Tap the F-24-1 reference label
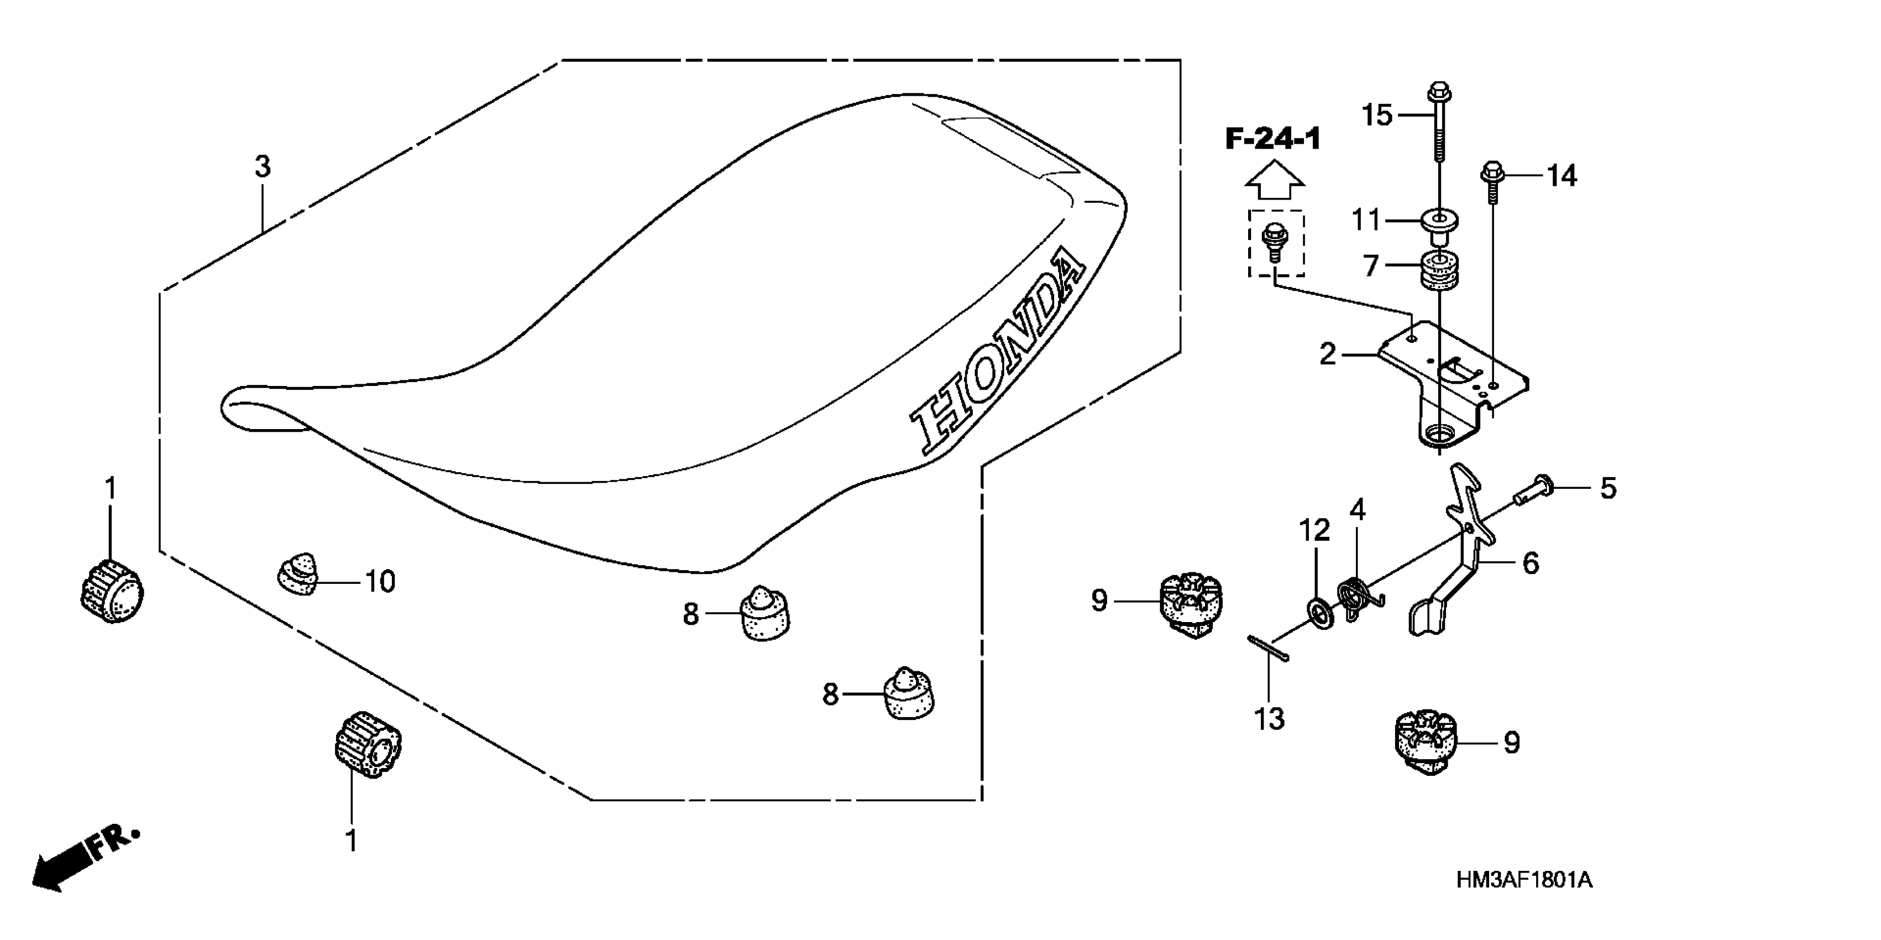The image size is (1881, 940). coord(1273,139)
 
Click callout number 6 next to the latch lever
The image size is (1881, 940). coord(1530,563)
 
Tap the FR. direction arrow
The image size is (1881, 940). coord(84,858)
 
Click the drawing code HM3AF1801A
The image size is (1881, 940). coord(1524,879)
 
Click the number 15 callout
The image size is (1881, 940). coord(1377,116)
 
